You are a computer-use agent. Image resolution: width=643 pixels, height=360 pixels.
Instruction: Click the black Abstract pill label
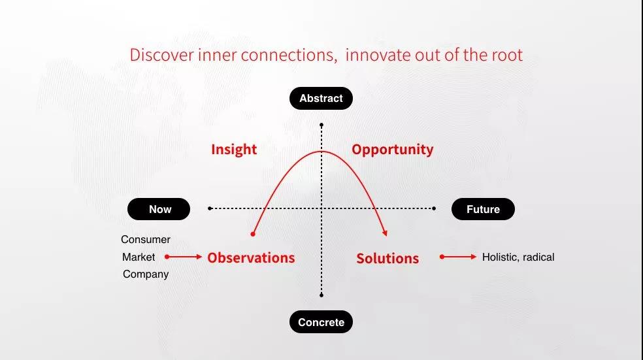[x=321, y=99]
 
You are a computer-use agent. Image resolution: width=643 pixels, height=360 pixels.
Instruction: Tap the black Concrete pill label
[x=321, y=322]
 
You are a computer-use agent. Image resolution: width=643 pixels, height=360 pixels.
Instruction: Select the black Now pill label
[x=159, y=209]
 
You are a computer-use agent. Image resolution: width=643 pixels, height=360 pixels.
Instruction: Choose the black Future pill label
[x=483, y=209]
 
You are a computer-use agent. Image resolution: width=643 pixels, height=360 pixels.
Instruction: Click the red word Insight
[x=234, y=149]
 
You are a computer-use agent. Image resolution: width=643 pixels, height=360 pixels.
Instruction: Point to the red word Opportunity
[x=393, y=150]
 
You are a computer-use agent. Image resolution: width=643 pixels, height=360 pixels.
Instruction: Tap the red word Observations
[x=251, y=258]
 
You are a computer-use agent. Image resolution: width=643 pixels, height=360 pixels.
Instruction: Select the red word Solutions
[x=387, y=258]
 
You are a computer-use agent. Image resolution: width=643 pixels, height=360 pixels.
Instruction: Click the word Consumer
[x=146, y=239]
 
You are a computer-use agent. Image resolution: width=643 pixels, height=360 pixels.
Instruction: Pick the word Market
[x=139, y=257]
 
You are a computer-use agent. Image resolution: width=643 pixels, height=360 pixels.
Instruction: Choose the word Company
[x=146, y=274]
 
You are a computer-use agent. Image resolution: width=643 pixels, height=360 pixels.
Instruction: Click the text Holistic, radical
[x=518, y=257]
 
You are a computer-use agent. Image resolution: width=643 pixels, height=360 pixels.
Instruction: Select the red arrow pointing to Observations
[x=184, y=257]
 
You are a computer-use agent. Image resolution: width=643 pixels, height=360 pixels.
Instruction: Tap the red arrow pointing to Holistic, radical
[x=458, y=257]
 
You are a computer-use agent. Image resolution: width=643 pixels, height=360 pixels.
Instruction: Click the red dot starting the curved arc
[x=253, y=234]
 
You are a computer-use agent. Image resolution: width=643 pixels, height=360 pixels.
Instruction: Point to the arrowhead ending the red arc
[x=386, y=233]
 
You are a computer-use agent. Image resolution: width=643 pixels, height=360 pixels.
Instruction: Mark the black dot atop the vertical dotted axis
[x=321, y=125]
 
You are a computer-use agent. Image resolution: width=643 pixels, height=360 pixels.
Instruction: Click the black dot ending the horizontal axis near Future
[x=434, y=208]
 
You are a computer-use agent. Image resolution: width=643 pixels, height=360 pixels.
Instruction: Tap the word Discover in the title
[x=161, y=55]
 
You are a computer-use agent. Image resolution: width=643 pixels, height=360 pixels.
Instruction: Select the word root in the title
[x=507, y=56]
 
